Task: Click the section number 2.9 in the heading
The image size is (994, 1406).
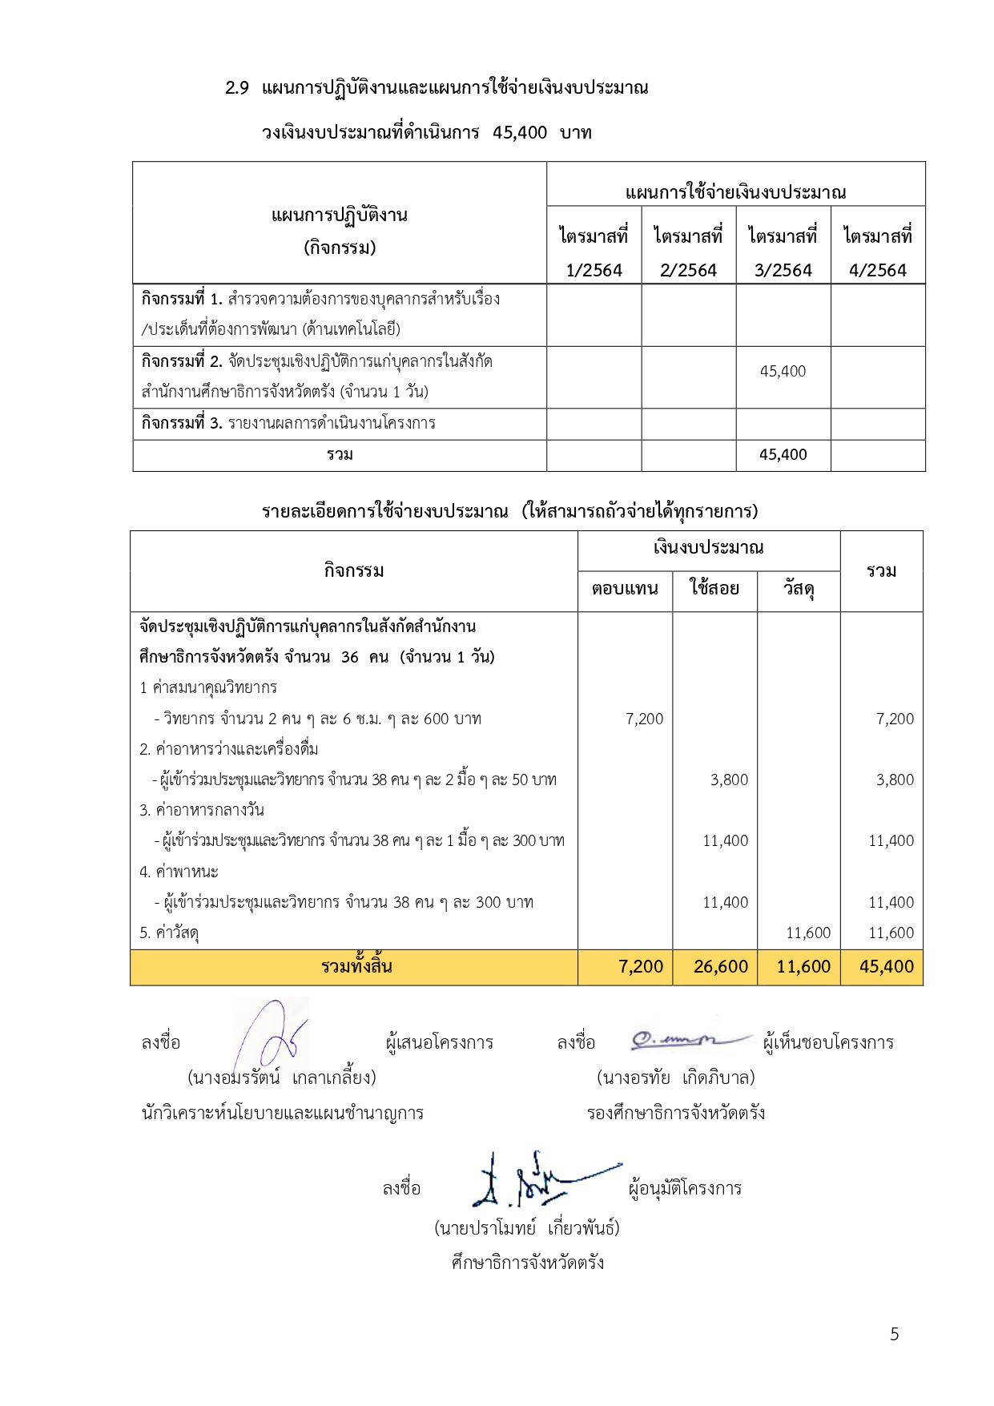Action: (237, 88)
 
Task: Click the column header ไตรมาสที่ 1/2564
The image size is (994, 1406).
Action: (594, 252)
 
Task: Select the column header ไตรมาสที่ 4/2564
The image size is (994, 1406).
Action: (878, 252)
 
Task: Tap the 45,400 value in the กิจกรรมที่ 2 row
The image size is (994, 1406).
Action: (783, 371)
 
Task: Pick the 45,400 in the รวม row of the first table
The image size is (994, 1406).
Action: (783, 455)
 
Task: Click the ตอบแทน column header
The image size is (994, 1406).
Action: (625, 589)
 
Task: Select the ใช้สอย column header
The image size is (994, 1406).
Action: (714, 589)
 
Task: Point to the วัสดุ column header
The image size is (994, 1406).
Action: (799, 589)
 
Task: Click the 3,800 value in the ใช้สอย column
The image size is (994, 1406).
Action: (729, 780)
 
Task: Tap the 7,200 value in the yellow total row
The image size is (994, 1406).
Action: (641, 967)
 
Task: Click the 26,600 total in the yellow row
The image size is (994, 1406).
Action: (720, 967)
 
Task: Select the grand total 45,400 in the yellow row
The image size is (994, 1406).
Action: (886, 967)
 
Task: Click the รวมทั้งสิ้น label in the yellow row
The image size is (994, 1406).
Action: (356, 966)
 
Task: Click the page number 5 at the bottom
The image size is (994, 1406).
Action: (894, 1334)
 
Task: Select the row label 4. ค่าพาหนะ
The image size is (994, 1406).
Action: (179, 872)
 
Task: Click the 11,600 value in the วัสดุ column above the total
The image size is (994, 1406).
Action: (807, 933)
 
